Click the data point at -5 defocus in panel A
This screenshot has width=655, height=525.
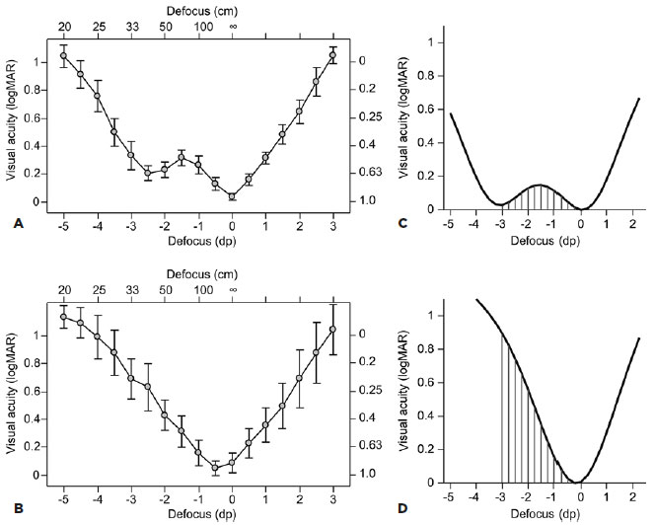[64, 55]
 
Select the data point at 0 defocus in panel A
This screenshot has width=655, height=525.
[233, 196]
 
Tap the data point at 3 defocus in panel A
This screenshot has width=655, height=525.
[333, 55]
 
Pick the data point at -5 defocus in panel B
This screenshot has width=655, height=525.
[64, 317]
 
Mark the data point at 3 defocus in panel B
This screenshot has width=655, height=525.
[333, 330]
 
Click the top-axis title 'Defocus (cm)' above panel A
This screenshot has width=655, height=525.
[198, 9]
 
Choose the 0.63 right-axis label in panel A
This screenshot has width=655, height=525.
[367, 174]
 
